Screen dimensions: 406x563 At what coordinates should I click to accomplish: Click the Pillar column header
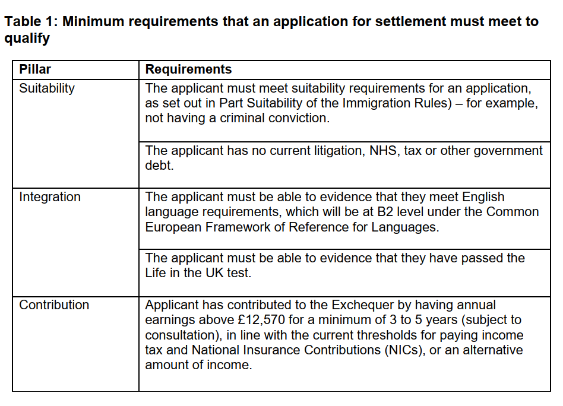coord(35,69)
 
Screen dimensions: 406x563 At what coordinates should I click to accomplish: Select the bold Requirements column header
coord(188,69)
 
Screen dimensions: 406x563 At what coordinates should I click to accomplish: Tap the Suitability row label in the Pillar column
coord(47,88)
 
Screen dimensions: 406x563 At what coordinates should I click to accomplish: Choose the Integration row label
coord(50,197)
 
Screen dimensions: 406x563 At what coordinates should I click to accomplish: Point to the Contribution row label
coord(54,305)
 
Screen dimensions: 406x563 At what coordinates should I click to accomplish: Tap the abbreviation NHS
coord(384,151)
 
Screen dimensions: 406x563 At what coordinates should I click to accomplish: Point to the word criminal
coord(243,118)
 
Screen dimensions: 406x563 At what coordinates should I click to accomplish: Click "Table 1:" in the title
coord(31,22)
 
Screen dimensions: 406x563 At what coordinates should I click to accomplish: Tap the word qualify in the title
coord(27,39)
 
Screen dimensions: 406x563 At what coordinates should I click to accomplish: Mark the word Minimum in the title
coord(94,22)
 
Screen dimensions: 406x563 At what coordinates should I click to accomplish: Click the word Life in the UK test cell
coord(156,273)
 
